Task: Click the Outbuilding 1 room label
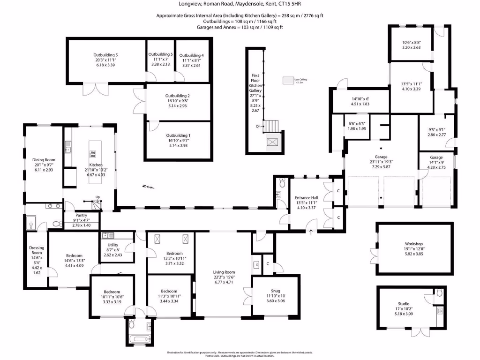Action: (x=178, y=135)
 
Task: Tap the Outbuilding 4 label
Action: (x=191, y=56)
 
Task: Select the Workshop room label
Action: (x=414, y=244)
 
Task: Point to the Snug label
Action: (x=275, y=290)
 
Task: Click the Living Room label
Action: (x=224, y=272)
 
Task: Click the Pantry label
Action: (x=81, y=216)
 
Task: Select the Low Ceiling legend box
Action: (x=288, y=81)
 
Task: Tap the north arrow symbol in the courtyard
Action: (x=149, y=187)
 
